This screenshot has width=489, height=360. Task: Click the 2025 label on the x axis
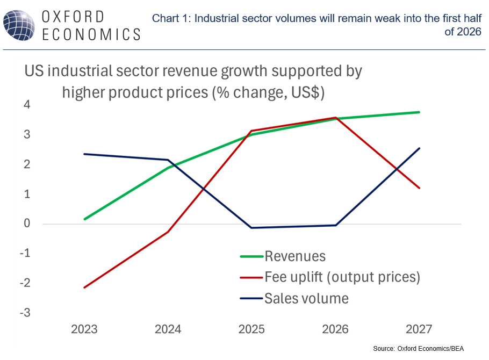coord(251,329)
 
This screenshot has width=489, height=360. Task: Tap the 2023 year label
coord(84,329)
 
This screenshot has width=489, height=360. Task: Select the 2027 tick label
coord(419,329)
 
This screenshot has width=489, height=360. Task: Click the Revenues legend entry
coord(295,256)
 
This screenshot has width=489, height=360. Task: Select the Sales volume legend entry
coord(306,298)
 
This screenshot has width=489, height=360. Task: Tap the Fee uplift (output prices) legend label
coord(342,277)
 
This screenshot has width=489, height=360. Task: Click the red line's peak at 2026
coord(335,118)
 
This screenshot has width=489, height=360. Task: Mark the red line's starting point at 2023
coord(84,287)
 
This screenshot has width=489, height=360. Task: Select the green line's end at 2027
coord(419,112)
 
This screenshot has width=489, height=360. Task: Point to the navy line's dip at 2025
coord(251,228)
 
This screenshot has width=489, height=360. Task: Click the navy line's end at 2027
coord(419,148)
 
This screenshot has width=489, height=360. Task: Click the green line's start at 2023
coord(84,219)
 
